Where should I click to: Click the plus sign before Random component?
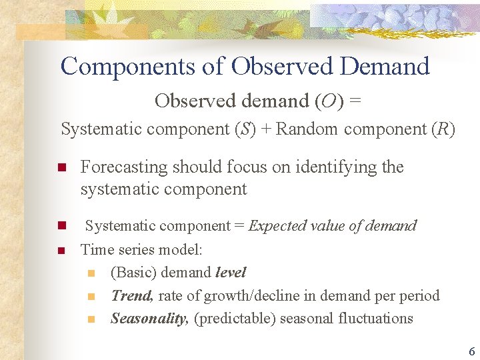(x=265, y=129)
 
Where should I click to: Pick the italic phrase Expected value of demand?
(x=332, y=226)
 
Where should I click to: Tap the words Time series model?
(x=141, y=250)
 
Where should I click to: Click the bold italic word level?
(x=231, y=273)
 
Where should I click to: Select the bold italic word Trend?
(x=131, y=295)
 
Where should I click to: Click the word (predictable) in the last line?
(x=234, y=318)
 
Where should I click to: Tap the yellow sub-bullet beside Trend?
(x=91, y=296)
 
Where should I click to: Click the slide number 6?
(x=471, y=351)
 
